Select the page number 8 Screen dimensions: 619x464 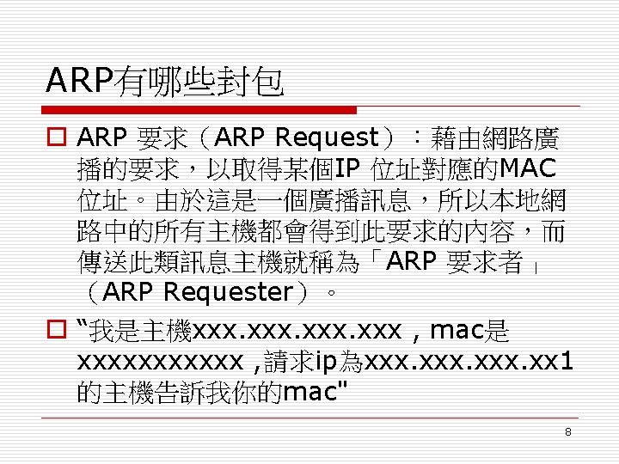tap(568, 431)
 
